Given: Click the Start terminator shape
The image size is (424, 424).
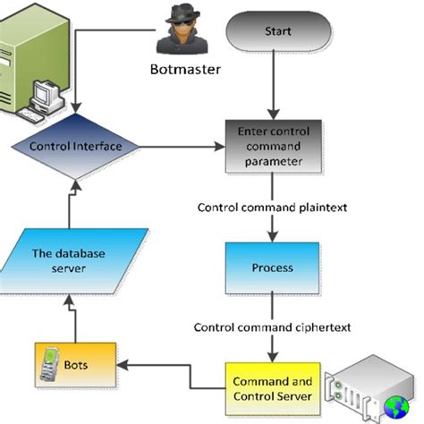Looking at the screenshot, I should coord(278,31).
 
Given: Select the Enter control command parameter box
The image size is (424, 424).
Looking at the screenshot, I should coord(277,147).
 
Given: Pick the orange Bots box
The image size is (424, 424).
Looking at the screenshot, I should coord(75,366).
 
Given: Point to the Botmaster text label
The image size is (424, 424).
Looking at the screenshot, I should coord(185,69).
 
